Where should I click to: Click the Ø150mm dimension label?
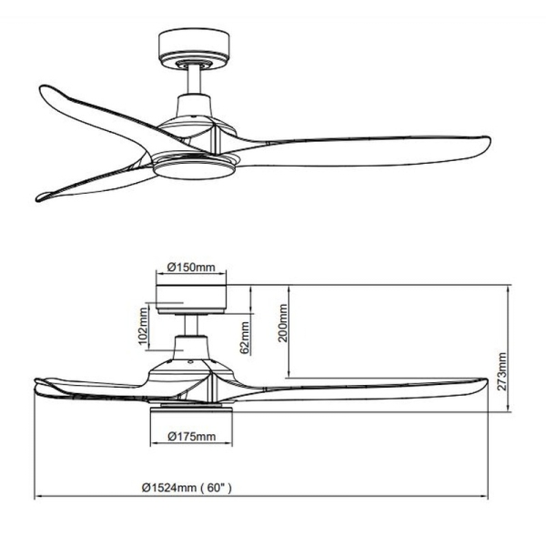[191, 268]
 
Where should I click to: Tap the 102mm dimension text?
[143, 326]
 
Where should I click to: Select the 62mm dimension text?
[245, 338]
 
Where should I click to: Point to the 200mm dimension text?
[283, 323]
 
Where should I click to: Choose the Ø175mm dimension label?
[191, 436]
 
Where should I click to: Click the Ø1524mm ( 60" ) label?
[187, 488]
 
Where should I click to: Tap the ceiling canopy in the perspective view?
[194, 49]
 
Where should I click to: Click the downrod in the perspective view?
[194, 80]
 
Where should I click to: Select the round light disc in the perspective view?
[195, 171]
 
